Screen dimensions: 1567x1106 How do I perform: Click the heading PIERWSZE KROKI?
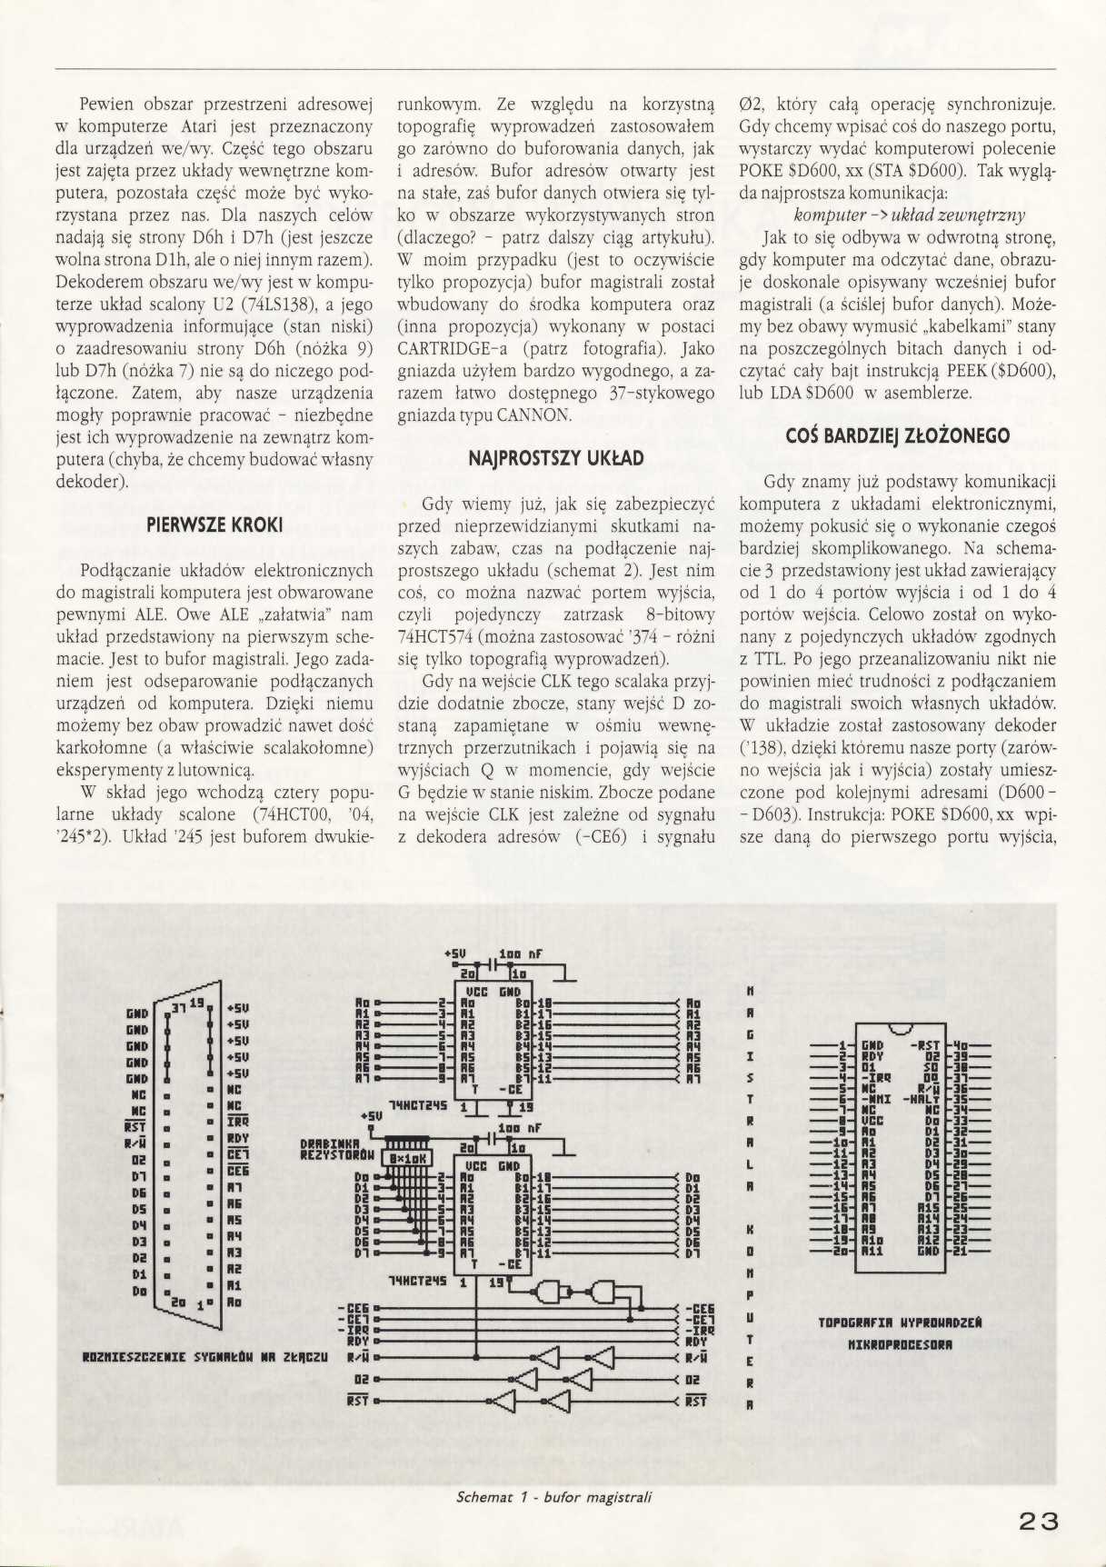214,525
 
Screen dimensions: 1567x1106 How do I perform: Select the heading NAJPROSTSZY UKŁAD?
556,459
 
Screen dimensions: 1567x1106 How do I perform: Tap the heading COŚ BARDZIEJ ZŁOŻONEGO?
897,436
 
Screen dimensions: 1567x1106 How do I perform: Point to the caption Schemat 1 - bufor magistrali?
555,1496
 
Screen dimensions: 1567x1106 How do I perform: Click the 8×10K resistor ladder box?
411,1158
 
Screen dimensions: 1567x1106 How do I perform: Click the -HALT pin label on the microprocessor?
923,1099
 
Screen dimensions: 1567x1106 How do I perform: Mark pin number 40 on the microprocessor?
957,1045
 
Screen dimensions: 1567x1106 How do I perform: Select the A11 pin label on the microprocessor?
872,1252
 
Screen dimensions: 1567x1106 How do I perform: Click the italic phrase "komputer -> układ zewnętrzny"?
910,215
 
